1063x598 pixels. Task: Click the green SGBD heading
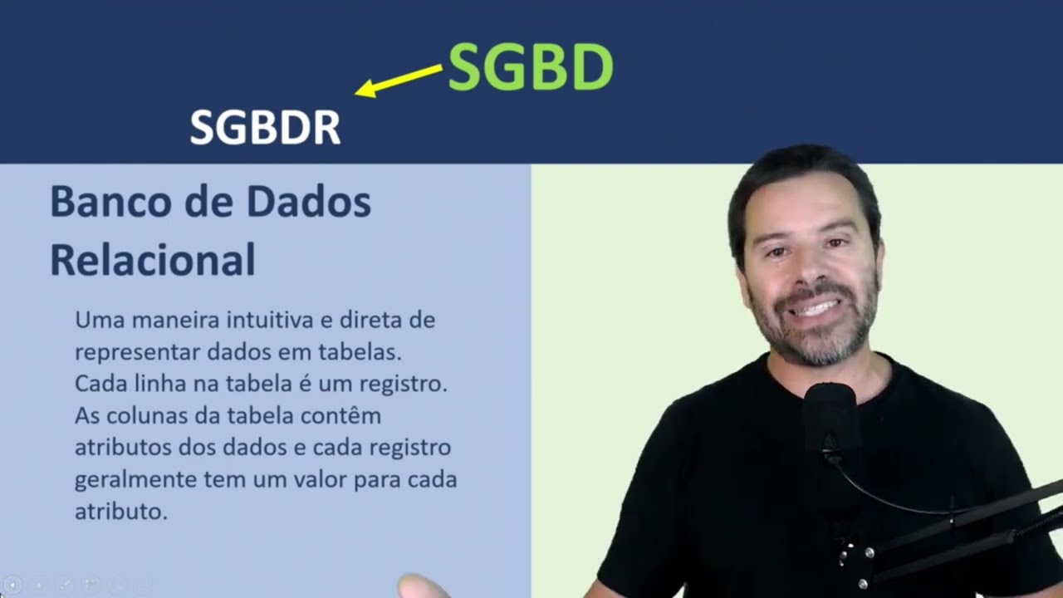pos(530,67)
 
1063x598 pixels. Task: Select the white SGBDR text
pos(265,128)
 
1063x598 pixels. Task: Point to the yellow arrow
pos(399,81)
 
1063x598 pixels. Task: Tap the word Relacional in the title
pos(153,260)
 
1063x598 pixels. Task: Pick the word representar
pos(137,352)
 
